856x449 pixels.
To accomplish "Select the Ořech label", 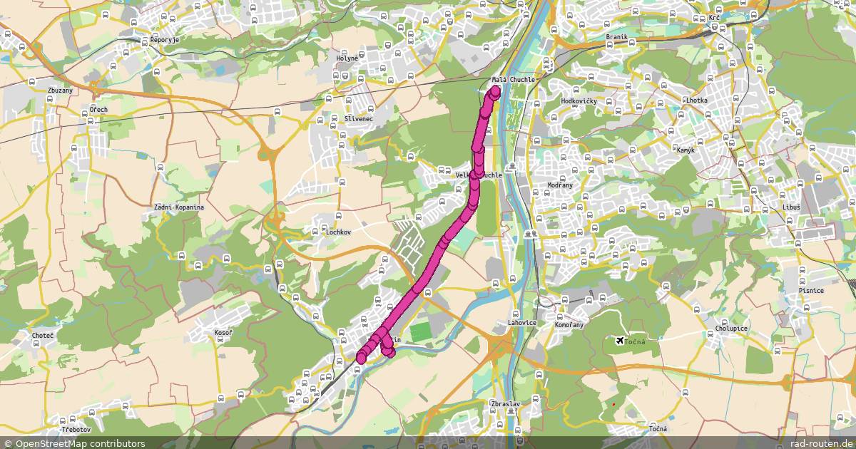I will [98, 110].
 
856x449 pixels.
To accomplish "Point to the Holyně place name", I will [348, 58].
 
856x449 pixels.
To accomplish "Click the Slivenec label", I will [358, 118].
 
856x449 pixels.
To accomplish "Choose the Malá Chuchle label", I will [513, 80].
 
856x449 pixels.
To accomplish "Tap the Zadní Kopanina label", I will [179, 207].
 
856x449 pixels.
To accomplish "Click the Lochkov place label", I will [338, 232].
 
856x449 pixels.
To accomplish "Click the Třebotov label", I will [76, 430].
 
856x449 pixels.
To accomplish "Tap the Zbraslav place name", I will [504, 404].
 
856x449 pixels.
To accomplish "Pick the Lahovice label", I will [522, 323].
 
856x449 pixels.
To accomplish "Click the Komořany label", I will [569, 325].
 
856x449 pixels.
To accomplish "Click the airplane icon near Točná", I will [619, 341].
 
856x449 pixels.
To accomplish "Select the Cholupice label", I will [731, 329].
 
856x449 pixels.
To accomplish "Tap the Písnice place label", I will [812, 291].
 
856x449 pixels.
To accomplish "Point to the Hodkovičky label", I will [579, 102].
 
